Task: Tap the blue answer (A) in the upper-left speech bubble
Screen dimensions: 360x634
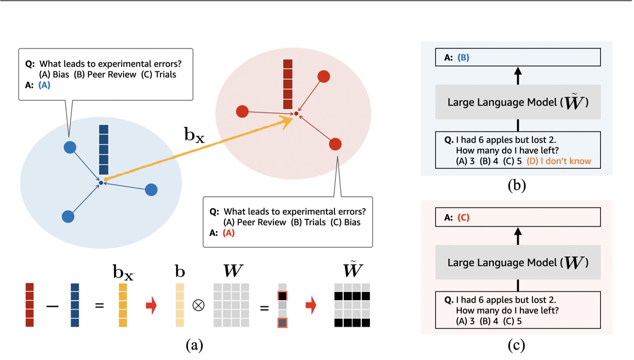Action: [45, 85]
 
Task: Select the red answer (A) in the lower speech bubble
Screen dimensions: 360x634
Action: [228, 233]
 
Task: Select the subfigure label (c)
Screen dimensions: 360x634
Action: [516, 344]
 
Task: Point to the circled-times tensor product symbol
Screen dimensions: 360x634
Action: [198, 306]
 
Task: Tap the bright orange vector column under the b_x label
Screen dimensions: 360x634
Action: [123, 305]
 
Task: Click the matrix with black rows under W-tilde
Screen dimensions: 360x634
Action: [352, 305]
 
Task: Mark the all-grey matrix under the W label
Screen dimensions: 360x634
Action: [231, 305]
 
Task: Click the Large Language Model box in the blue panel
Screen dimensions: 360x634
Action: [517, 102]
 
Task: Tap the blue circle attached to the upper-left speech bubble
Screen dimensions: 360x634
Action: [69, 147]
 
